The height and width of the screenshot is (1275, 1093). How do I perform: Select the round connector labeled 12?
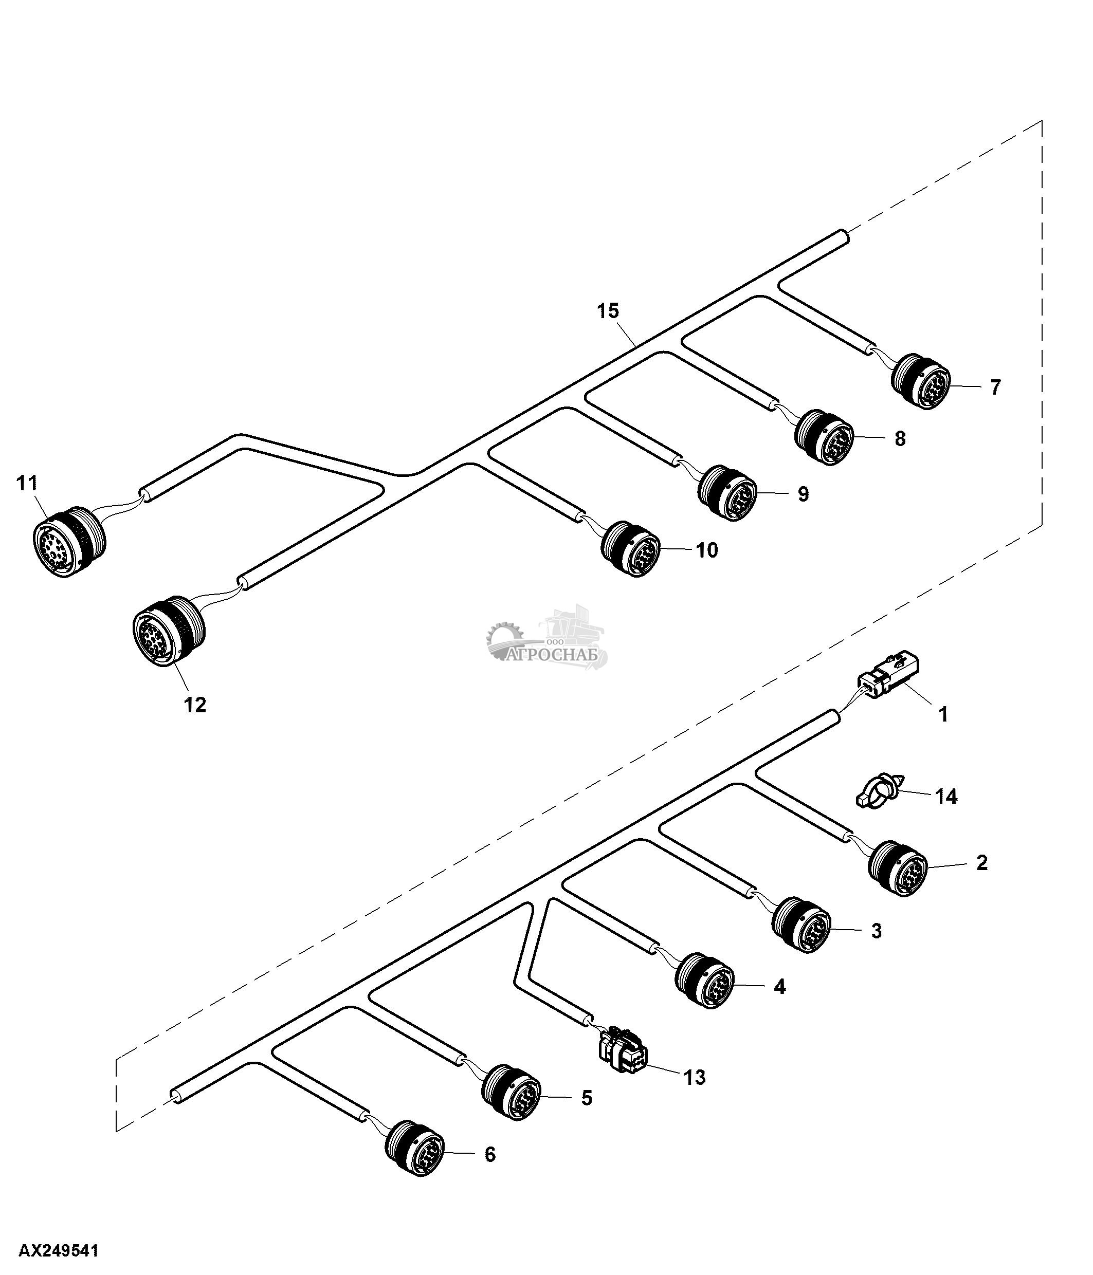(x=169, y=630)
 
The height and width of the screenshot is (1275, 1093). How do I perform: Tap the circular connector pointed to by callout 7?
(x=921, y=381)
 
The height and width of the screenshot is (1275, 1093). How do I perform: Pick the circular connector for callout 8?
(x=824, y=436)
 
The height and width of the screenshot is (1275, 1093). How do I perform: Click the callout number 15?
(x=608, y=311)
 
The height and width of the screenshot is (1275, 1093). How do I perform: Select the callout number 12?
(x=195, y=705)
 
